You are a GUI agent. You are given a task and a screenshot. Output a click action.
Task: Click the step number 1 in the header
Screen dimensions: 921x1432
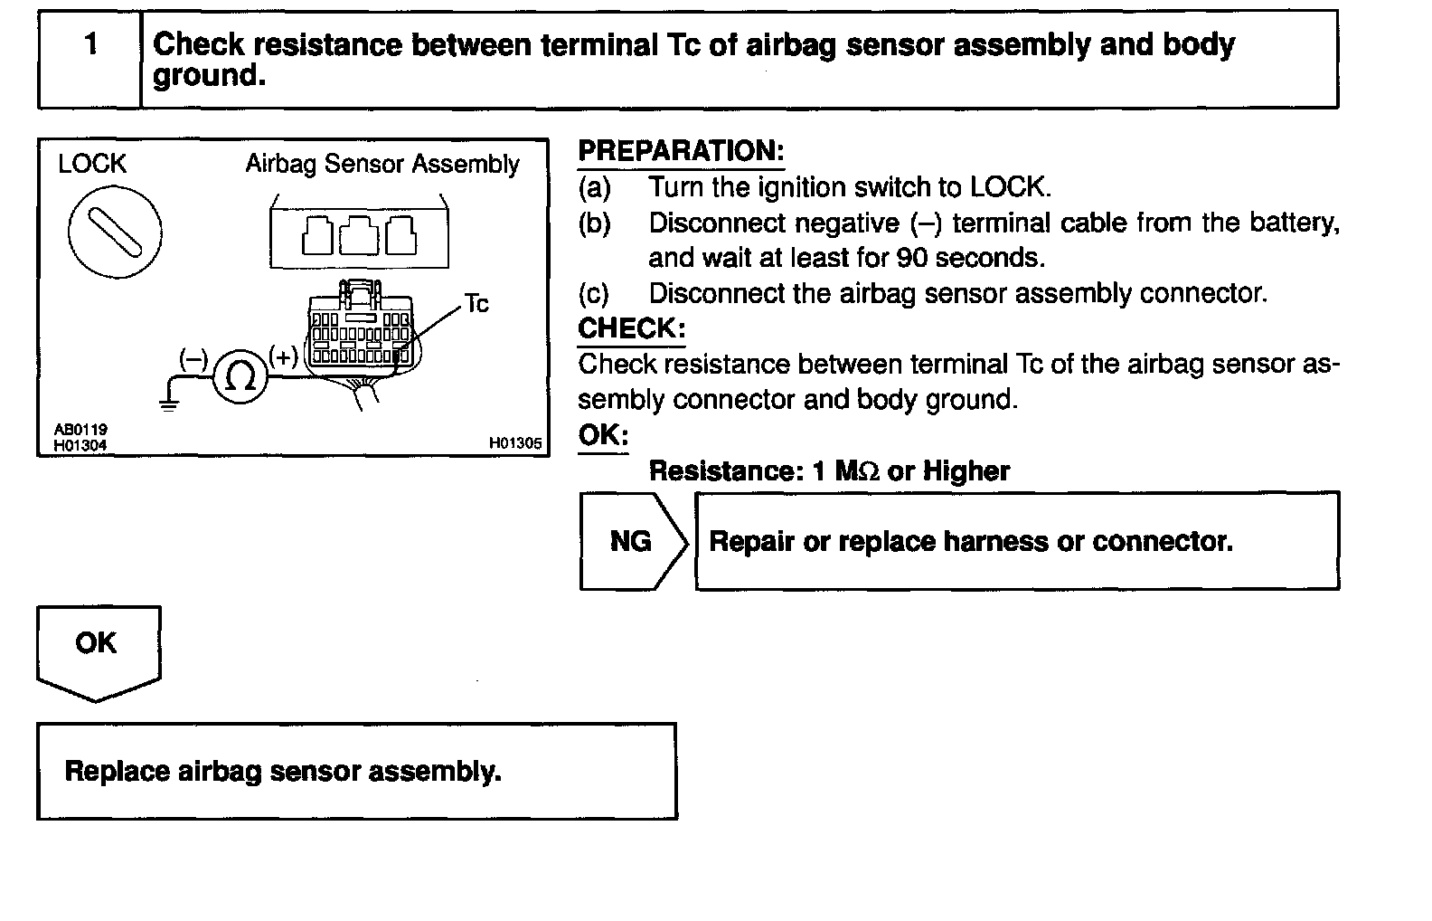90,44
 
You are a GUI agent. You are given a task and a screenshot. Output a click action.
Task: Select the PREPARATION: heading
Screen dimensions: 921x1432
681,151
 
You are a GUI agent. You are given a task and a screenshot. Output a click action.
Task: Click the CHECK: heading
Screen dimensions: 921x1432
631,328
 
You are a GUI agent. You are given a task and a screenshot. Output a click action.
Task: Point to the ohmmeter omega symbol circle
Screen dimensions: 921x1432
240,377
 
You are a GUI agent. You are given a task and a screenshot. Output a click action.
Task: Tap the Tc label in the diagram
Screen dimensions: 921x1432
476,304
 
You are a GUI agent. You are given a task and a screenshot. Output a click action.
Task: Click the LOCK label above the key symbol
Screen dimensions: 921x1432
92,164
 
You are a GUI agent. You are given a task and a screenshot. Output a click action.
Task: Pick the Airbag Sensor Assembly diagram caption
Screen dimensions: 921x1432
382,165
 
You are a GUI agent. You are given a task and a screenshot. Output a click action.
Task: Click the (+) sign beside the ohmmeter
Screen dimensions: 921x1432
284,356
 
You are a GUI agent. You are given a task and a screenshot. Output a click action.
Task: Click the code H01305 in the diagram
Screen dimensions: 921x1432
515,443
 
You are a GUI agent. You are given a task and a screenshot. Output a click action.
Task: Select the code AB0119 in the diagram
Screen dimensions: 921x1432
80,430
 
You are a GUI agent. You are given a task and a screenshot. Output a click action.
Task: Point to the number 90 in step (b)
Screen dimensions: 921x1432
913,258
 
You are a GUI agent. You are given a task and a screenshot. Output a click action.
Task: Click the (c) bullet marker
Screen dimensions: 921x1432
594,293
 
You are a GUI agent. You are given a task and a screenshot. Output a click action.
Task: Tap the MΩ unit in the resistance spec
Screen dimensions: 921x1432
856,471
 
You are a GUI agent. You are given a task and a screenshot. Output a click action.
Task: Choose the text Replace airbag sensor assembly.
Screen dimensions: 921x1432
283,772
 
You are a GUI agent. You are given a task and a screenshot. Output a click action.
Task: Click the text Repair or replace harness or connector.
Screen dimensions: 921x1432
971,542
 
